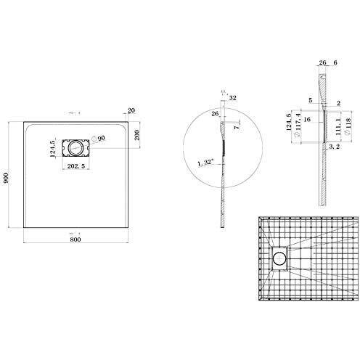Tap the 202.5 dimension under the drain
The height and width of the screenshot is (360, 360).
click(x=75, y=167)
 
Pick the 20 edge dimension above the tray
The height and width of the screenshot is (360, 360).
click(x=130, y=111)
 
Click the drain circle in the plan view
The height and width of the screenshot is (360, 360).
click(x=73, y=147)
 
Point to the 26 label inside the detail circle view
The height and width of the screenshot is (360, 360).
click(x=215, y=112)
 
